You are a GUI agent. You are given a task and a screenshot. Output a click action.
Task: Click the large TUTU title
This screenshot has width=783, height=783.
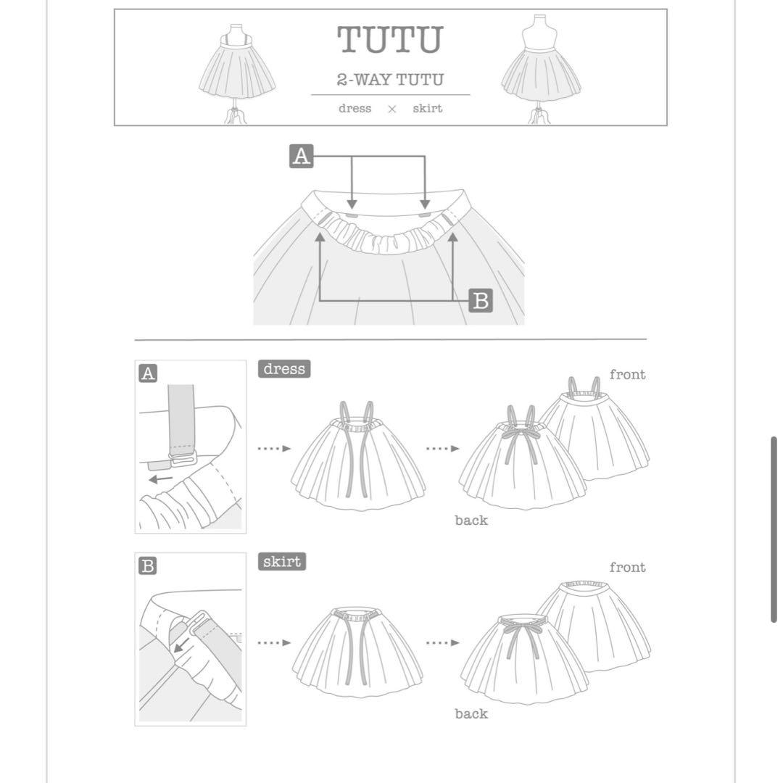[390, 39]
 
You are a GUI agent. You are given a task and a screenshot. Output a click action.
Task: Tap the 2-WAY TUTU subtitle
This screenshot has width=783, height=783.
[390, 80]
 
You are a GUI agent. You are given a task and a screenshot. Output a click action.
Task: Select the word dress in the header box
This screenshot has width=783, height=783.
[355, 108]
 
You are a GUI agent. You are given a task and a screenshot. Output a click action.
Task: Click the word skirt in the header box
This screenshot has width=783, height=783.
[428, 108]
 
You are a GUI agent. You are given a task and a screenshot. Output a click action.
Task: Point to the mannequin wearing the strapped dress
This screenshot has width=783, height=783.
[236, 73]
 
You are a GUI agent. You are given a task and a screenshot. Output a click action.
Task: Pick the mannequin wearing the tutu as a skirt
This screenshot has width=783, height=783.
[541, 70]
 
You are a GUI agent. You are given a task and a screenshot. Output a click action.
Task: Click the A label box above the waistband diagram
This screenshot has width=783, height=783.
[301, 157]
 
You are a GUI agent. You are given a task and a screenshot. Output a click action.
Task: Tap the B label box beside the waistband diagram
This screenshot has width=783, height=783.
[481, 301]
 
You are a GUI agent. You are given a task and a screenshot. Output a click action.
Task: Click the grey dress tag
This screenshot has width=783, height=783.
[284, 369]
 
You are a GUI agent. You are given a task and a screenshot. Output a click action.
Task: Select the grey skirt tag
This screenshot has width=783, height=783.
[281, 562]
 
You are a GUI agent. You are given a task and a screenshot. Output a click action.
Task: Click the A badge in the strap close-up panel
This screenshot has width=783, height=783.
[148, 373]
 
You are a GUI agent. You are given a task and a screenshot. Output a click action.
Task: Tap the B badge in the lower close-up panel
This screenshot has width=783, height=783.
[148, 566]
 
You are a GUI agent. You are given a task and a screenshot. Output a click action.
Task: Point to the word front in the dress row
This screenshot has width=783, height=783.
[627, 375]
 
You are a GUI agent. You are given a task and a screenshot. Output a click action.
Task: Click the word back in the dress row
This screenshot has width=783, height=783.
[471, 521]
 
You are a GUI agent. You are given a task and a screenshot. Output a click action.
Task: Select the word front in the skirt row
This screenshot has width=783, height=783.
[627, 567]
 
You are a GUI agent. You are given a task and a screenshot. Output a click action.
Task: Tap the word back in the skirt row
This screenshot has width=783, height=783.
[471, 713]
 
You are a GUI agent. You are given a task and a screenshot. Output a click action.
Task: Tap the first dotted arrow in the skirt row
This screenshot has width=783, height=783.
[274, 642]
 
